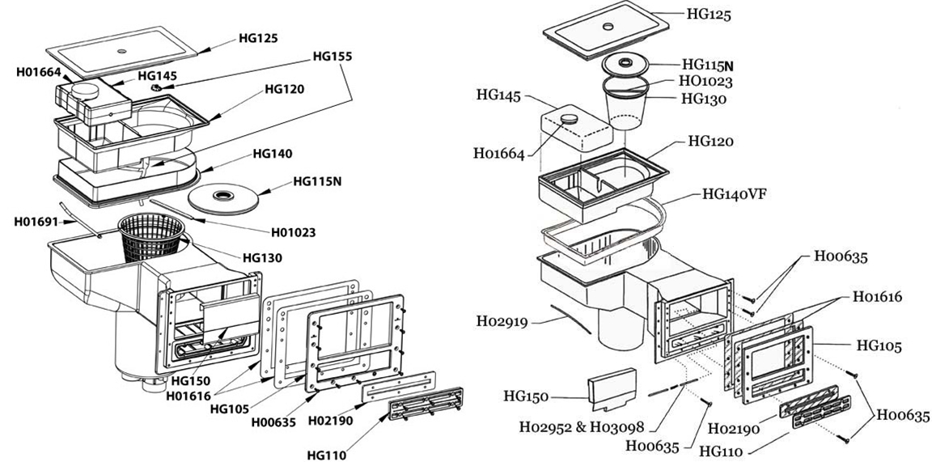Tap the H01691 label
tap(36, 221)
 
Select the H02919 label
tap(504, 322)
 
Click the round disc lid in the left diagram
tap(222, 197)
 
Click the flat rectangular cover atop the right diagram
tap(606, 32)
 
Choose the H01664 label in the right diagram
tap(500, 154)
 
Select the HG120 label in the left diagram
tap(282, 89)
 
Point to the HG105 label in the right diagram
tap(878, 346)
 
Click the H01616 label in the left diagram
tap(189, 395)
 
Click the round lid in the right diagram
tap(627, 64)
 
